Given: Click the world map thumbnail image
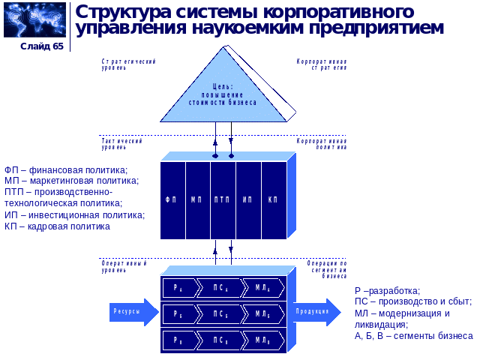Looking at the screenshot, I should pyautogui.click(x=34, y=19).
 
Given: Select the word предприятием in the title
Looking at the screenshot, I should pyautogui.click(x=374, y=28).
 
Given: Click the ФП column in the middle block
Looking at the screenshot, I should pyautogui.click(x=172, y=199).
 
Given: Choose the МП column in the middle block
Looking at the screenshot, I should pyautogui.click(x=197, y=199).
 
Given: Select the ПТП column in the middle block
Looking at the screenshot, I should pyautogui.click(x=223, y=199).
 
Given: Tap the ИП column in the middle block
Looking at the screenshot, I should pyautogui.click(x=247, y=199).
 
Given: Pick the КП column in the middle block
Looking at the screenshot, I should pyautogui.click(x=273, y=199).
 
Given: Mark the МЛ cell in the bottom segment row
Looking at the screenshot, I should pyautogui.click(x=263, y=340).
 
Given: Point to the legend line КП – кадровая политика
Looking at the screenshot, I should pyautogui.click(x=57, y=226).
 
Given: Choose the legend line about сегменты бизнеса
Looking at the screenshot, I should pyautogui.click(x=413, y=335).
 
